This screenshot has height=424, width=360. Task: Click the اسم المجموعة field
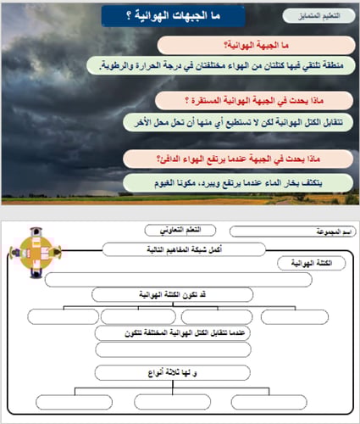click(x=289, y=231)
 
